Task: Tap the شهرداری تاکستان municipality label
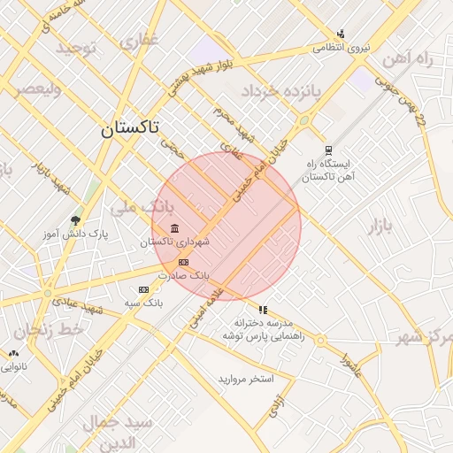click(x=180, y=242)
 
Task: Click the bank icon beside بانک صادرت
click(x=183, y=263)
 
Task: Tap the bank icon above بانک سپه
click(x=143, y=289)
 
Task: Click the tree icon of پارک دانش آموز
click(x=75, y=220)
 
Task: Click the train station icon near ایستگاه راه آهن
click(x=328, y=150)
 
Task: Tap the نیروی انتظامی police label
click(x=341, y=48)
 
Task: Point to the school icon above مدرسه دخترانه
click(x=262, y=309)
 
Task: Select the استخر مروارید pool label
click(x=247, y=379)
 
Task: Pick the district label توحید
click(x=76, y=47)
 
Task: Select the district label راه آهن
click(x=406, y=59)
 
